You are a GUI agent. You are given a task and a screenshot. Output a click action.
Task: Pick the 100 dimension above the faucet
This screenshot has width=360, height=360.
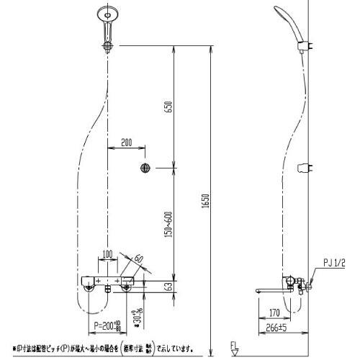(x=107, y=253)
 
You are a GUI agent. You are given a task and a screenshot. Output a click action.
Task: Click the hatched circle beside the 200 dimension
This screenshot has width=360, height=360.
(x=145, y=168)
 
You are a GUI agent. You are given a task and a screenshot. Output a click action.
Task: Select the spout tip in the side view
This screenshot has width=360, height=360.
(x=258, y=289)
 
